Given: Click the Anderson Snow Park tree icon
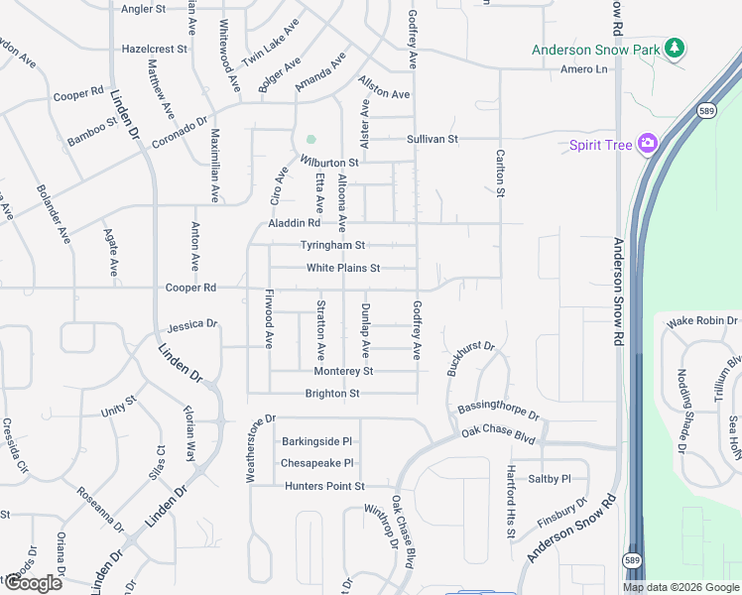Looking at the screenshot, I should (676, 48).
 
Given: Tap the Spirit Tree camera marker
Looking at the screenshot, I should (648, 145).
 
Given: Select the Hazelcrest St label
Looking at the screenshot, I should (154, 48).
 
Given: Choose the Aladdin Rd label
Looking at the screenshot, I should (295, 224).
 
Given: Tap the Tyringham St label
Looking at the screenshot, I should (333, 245).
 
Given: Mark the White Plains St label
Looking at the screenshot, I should (343, 268).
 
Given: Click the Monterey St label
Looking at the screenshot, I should (343, 371).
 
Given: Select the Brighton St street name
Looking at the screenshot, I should (331, 394).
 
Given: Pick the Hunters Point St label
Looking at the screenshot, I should (325, 486).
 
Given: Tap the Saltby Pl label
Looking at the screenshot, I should (551, 478).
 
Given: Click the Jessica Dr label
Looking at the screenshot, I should (191, 325).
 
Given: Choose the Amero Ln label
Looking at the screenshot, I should (583, 69).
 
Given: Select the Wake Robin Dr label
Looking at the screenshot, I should (702, 321).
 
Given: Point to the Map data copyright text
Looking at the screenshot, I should (680, 587).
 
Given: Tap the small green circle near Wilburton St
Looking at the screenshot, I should (310, 140).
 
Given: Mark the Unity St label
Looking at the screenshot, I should (117, 407).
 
